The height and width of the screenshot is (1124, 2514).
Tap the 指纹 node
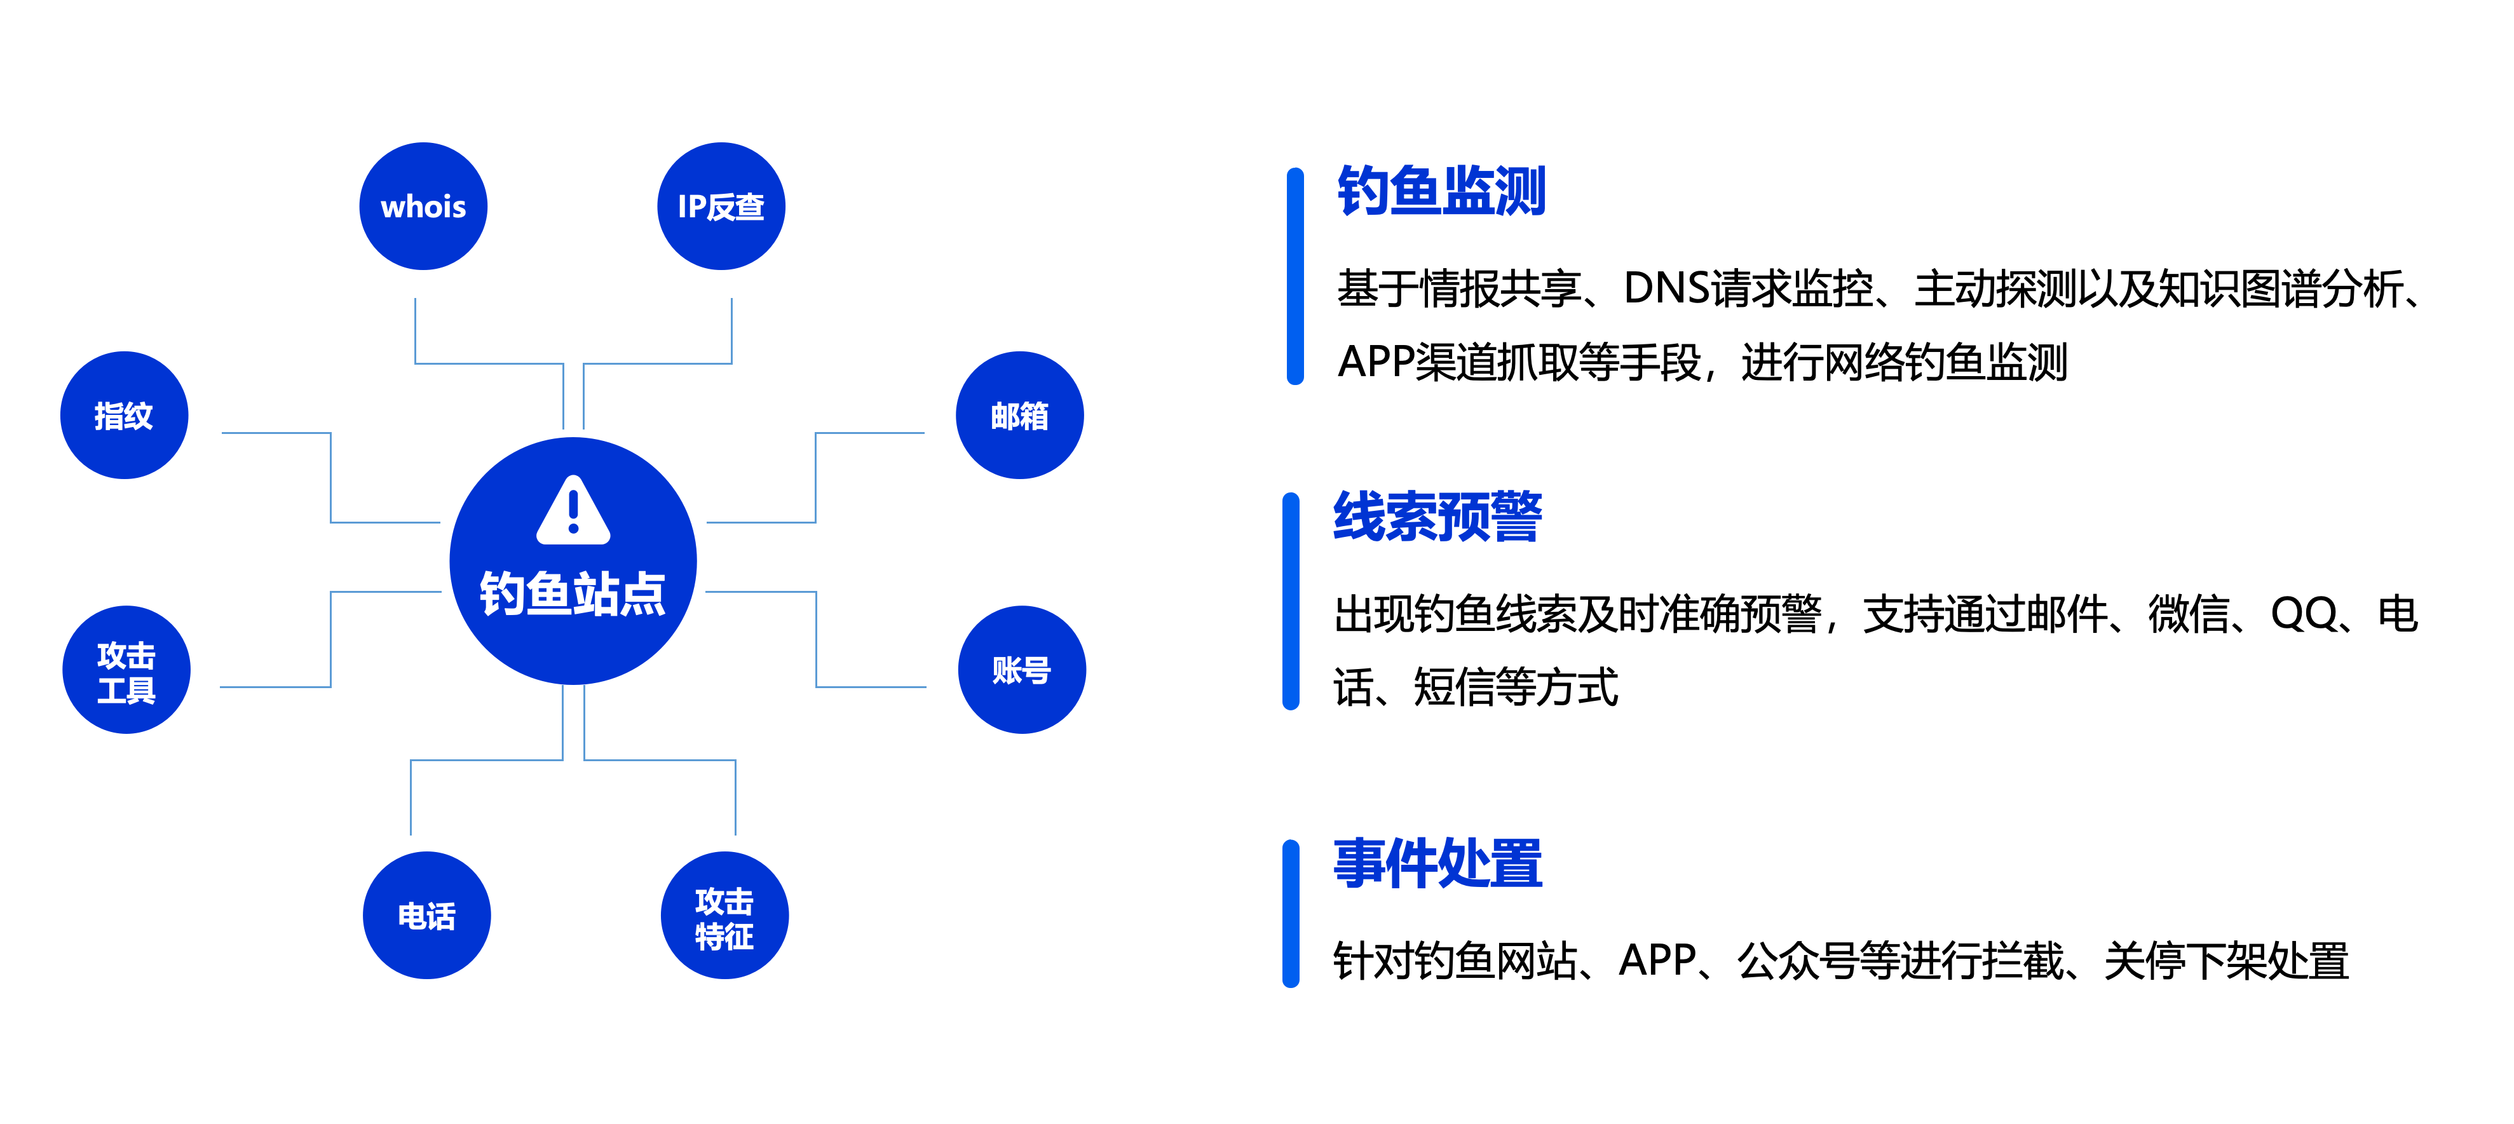tap(124, 415)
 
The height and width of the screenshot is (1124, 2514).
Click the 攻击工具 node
tap(126, 670)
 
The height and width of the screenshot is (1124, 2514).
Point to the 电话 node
tap(426, 915)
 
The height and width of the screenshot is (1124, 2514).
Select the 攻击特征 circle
tap(724, 915)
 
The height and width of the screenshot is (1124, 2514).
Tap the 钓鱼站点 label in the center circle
tap(572, 593)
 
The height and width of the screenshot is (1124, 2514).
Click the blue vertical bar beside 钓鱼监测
tap(1295, 276)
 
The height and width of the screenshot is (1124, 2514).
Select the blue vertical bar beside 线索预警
tap(1291, 601)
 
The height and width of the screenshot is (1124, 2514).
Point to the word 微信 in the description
tap(2188, 614)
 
